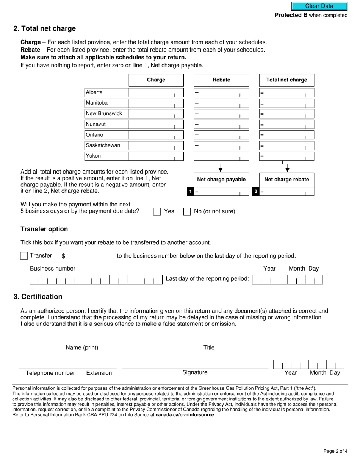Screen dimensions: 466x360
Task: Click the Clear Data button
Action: coord(319,6)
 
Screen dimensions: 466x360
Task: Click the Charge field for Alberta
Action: coord(156,92)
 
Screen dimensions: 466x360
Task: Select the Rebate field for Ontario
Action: coord(221,135)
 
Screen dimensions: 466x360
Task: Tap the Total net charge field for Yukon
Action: coord(286,156)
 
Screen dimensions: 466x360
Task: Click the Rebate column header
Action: coord(221,80)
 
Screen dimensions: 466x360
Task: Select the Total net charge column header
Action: coord(286,80)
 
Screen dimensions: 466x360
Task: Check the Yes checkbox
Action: coord(157,212)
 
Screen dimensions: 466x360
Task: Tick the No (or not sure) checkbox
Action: coord(187,212)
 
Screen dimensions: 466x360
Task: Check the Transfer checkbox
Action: coord(24,256)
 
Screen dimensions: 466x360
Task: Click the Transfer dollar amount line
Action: coord(91,257)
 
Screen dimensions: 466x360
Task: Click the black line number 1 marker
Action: coord(190,192)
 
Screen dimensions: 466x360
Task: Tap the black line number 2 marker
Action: coord(256,192)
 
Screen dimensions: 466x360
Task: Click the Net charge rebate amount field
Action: coord(286,192)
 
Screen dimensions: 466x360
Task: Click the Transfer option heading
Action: coord(44,229)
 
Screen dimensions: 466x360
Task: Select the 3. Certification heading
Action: coord(38,297)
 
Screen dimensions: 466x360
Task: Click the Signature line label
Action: coord(195,372)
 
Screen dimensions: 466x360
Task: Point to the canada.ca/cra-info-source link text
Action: coord(185,415)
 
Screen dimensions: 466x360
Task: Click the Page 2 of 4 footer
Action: coord(335,451)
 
